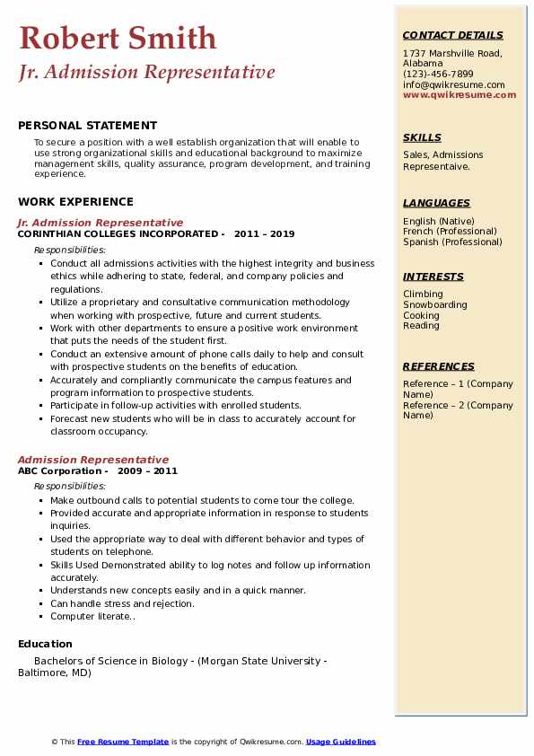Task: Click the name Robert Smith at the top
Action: tap(118, 38)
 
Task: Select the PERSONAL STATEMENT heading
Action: tap(87, 126)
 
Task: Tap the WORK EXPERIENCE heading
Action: tap(75, 202)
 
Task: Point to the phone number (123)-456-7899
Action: tap(438, 75)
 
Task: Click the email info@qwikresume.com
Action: tap(453, 84)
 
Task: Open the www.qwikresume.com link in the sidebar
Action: tap(460, 94)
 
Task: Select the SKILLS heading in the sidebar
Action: tap(422, 137)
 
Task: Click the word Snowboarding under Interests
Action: tap(435, 304)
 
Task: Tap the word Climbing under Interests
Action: tap(423, 294)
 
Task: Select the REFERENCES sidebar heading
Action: tap(439, 366)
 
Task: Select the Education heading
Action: tap(45, 644)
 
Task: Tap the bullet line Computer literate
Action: tap(92, 617)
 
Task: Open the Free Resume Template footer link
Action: tap(123, 742)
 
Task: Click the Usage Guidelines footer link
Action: tap(341, 742)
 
